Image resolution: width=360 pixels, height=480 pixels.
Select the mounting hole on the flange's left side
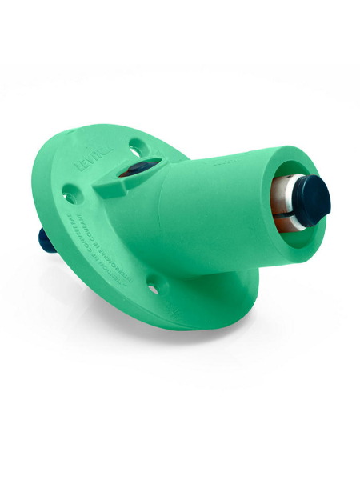(71, 193)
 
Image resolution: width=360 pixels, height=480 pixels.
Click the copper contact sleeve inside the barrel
(279, 205)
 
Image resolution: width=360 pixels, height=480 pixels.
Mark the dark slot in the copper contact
(276, 214)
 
